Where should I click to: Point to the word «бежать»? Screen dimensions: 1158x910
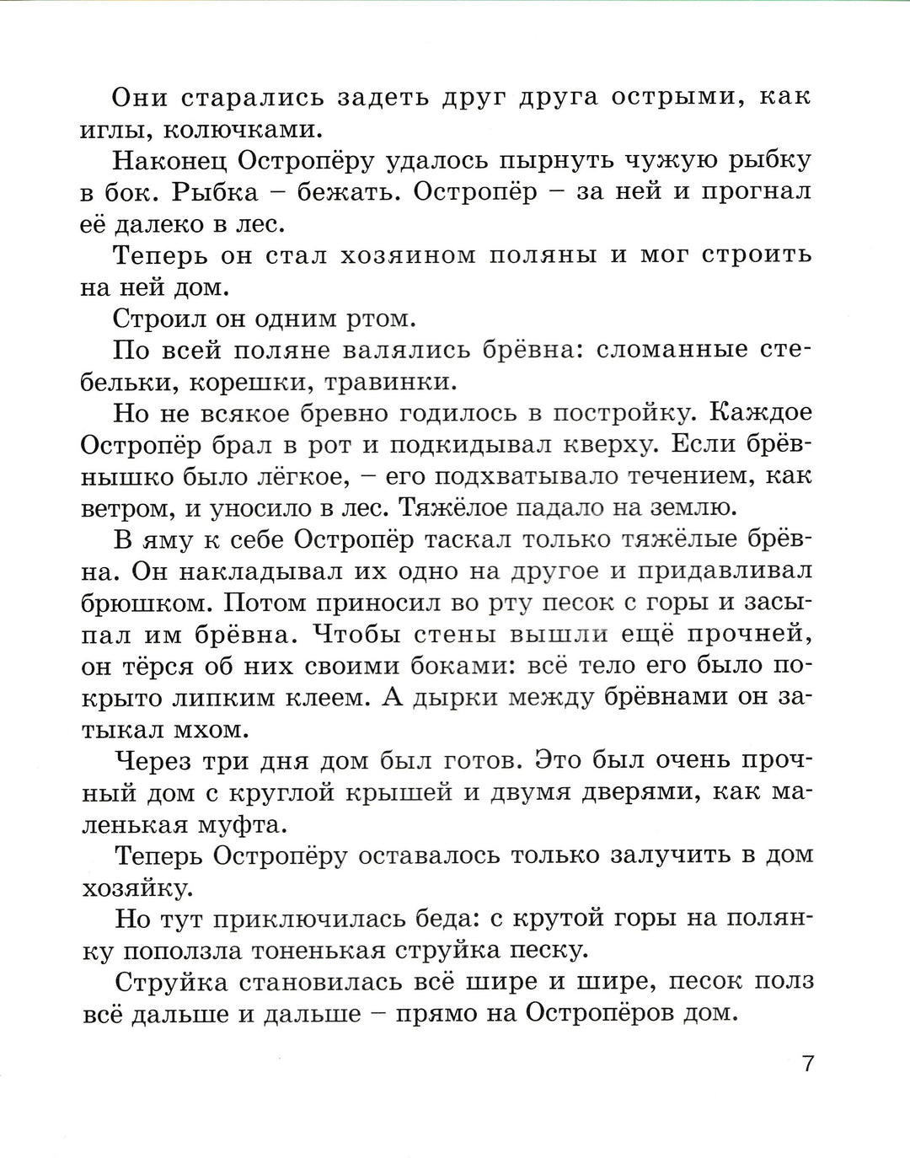(329, 192)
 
